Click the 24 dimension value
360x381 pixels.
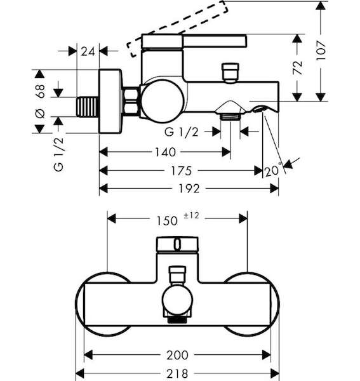coord(88,51)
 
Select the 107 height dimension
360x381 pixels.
coord(321,51)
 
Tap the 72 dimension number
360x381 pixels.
coord(297,67)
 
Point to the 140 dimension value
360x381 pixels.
coord(166,152)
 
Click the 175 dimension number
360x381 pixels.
coord(182,171)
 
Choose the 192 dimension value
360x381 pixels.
coord(189,189)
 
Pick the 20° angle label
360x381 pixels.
coord(273,170)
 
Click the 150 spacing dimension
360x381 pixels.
coord(167,221)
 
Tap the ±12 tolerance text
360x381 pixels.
coord(191,215)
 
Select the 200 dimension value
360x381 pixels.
coord(178,355)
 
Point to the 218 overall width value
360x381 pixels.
coord(178,373)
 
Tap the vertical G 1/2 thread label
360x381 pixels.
coord(59,154)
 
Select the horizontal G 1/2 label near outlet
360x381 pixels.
coord(182,133)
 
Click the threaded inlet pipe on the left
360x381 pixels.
coord(88,107)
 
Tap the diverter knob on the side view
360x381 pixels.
coord(230,73)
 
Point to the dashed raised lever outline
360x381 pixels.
coord(177,29)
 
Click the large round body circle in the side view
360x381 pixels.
coord(163,101)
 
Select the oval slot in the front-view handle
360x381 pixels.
coord(178,244)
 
